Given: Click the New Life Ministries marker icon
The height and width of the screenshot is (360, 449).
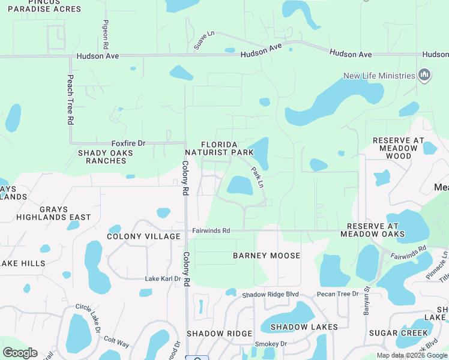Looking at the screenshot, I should coord(424,76).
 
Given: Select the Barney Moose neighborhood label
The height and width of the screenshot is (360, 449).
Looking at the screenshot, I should coord(267,256).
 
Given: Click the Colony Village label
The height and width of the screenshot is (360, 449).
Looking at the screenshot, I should coord(143,236).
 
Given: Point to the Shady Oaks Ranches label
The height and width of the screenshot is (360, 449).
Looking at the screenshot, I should coord(106,157).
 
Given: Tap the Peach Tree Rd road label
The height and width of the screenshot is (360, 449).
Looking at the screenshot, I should coord(70,99).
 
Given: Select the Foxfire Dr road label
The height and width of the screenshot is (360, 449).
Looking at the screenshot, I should coord(128,143).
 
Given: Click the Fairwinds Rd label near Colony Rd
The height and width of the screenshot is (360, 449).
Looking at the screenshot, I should coord(211,230).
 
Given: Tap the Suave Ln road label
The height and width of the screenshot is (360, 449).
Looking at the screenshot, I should coord(204,41).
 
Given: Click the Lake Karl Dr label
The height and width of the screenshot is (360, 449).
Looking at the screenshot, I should coord(163,279).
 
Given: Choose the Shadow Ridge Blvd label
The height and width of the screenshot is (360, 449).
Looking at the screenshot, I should coord(270,295).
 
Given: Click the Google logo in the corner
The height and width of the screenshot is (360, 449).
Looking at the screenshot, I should coord(20,353).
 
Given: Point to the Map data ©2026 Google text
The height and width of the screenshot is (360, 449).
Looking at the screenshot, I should coord(412,355).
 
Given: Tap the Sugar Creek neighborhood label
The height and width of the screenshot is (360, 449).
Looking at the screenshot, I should coord(399,333).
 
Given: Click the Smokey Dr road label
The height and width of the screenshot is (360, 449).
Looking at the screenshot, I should coord(271,344).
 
